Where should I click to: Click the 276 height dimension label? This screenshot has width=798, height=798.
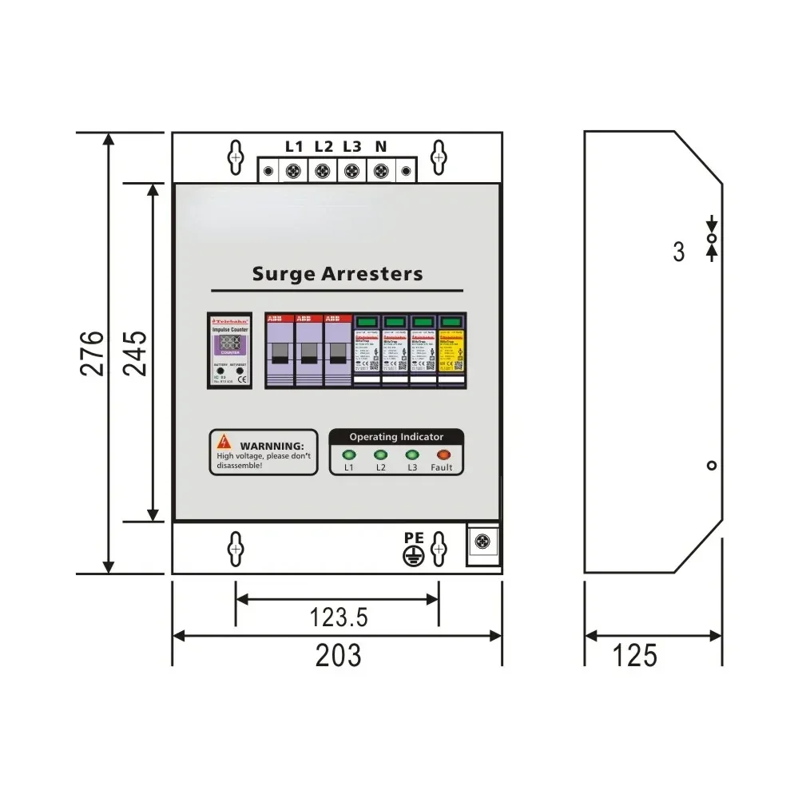(x=93, y=352)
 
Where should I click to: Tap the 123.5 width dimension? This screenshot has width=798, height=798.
(x=338, y=617)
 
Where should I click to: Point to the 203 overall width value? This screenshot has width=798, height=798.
(x=338, y=655)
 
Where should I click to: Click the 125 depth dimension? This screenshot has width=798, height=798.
(x=635, y=655)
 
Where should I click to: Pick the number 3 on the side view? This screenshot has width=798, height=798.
(x=679, y=252)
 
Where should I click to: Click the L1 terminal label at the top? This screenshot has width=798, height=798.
(x=294, y=147)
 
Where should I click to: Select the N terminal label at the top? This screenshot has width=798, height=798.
(x=380, y=147)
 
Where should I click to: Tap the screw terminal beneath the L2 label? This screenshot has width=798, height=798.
(x=323, y=171)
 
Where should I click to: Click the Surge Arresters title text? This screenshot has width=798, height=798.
(x=337, y=274)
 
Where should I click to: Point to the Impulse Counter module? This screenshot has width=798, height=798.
(x=230, y=350)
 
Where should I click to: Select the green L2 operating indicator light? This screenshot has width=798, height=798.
(x=380, y=455)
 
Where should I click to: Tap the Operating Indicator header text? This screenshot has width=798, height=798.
(x=396, y=437)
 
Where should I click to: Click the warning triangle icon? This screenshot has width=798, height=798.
(x=226, y=441)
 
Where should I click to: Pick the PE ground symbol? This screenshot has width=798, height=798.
(x=413, y=557)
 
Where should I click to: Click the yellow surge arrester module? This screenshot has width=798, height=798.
(x=451, y=350)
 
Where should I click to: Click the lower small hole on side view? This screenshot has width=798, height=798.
(x=712, y=466)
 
